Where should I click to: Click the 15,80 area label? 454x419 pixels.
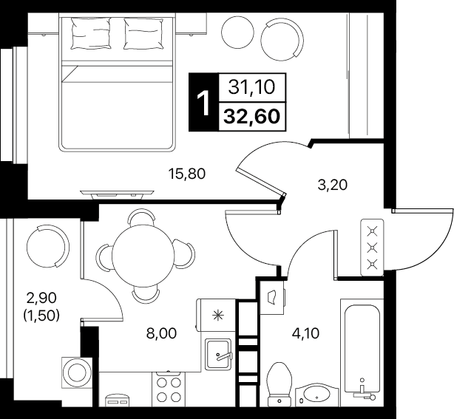(187, 174)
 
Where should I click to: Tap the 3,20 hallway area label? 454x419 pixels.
(332, 185)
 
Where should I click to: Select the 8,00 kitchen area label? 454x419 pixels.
(162, 333)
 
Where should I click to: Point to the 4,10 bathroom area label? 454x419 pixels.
(305, 333)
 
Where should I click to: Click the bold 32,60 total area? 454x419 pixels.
(252, 117)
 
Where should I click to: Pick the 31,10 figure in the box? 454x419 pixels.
(251, 87)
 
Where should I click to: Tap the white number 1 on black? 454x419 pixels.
(203, 103)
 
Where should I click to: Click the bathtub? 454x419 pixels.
(362, 352)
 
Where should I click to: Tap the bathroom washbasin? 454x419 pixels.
(316, 395)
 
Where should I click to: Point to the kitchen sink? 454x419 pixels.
(218, 354)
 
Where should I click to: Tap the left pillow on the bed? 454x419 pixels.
(91, 33)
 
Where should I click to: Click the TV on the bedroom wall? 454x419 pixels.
(118, 194)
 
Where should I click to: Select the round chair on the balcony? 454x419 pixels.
(48, 246)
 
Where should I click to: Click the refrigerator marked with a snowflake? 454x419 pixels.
(216, 315)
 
